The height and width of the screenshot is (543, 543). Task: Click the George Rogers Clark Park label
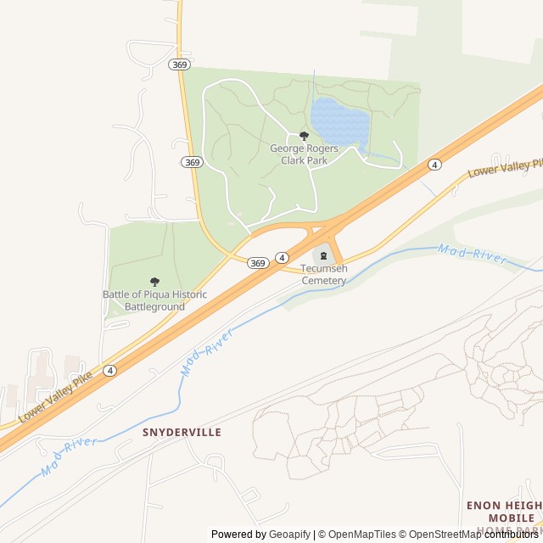pyautogui.click(x=304, y=154)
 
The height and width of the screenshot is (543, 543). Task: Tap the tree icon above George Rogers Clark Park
pyautogui.click(x=304, y=136)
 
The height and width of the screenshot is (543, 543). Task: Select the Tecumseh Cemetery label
pyautogui.click(x=323, y=274)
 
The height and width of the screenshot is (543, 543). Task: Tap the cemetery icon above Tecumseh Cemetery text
pyautogui.click(x=323, y=256)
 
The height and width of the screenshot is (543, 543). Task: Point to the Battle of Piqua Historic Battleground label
pyautogui.click(x=154, y=300)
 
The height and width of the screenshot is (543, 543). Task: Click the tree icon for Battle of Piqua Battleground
pyautogui.click(x=154, y=282)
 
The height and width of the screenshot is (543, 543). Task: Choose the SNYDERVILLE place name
pyautogui.click(x=182, y=432)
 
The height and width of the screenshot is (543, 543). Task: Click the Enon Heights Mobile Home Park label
pyautogui.click(x=504, y=517)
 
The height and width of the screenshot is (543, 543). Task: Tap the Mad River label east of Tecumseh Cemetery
pyautogui.click(x=472, y=253)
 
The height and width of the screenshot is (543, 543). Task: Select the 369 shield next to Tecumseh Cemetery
pyautogui.click(x=259, y=263)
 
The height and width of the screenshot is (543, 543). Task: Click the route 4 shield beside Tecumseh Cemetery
pyautogui.click(x=282, y=257)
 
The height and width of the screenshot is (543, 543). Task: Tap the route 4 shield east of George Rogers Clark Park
pyautogui.click(x=434, y=164)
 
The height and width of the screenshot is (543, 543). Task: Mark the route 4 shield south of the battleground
pyautogui.click(x=109, y=371)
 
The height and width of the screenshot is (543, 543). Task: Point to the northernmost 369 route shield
pyautogui.click(x=179, y=64)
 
